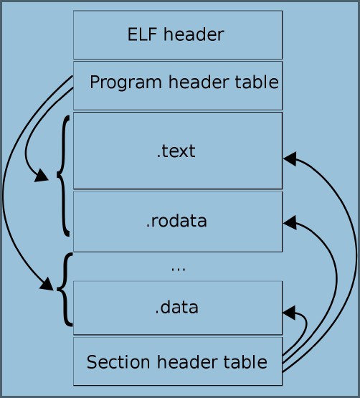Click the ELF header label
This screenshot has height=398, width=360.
pyautogui.click(x=176, y=34)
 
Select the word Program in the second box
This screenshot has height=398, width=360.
pyautogui.click(x=125, y=82)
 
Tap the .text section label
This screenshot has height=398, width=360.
pyautogui.click(x=176, y=151)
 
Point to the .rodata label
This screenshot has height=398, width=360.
pyautogui.click(x=176, y=221)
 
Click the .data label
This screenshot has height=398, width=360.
pyautogui.click(x=176, y=307)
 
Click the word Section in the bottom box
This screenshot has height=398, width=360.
pyautogui.click(x=118, y=362)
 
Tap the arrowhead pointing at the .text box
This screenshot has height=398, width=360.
pyautogui.click(x=290, y=159)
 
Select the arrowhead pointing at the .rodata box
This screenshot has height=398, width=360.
pyautogui.click(x=290, y=222)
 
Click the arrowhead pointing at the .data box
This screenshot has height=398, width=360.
pyautogui.click(x=289, y=313)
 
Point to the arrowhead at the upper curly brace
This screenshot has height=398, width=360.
pyautogui.click(x=42, y=175)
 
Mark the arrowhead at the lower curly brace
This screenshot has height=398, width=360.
pyautogui.click(x=47, y=284)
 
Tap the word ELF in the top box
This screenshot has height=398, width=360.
pyautogui.click(x=142, y=34)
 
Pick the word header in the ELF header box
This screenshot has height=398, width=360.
pyautogui.click(x=194, y=34)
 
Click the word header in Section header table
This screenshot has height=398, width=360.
pyautogui.click(x=187, y=362)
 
